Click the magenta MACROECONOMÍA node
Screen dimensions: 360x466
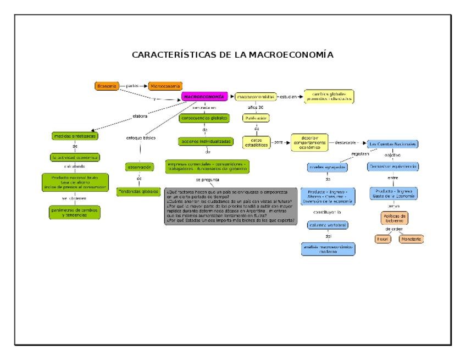[204, 97]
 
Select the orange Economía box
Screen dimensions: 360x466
[107, 86]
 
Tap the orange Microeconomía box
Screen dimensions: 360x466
[165, 86]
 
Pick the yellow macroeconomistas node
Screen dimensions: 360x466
[255, 97]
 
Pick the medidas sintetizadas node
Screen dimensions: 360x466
[75, 136]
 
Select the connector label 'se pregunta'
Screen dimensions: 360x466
[206, 180]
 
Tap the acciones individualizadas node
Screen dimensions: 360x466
[204, 141]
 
